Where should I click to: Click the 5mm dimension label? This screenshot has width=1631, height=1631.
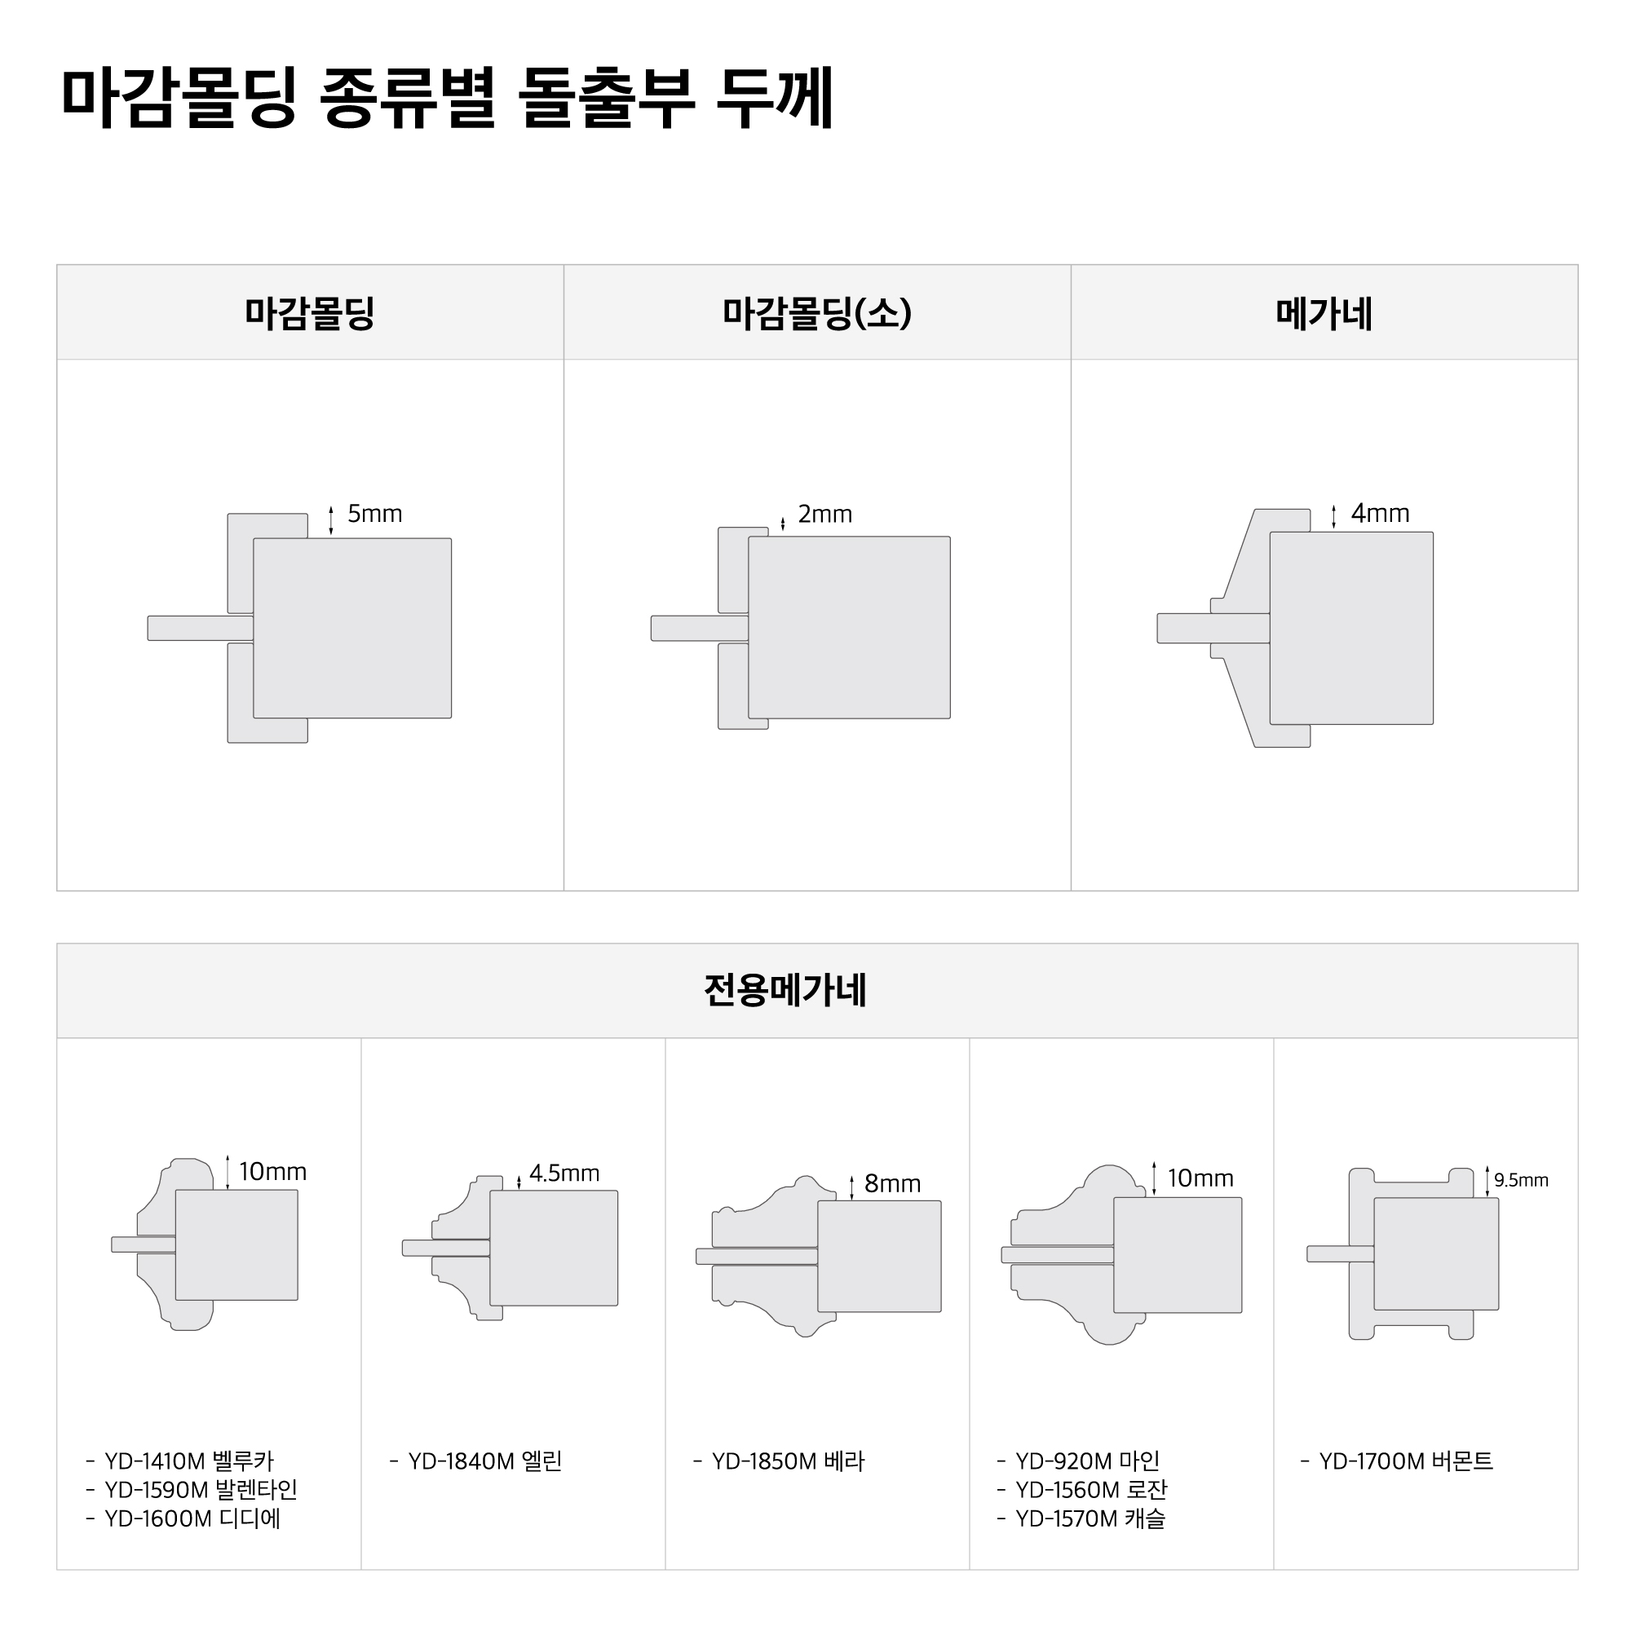[375, 514]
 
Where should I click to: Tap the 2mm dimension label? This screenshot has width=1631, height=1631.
[824, 514]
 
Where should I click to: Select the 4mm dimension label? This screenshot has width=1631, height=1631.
[1381, 513]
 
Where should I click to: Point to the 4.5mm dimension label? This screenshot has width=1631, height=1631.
[564, 1173]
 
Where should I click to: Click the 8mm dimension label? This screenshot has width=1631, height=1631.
[892, 1183]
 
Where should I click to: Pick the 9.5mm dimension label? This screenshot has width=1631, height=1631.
[1521, 1180]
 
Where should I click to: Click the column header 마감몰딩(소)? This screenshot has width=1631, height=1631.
[817, 313]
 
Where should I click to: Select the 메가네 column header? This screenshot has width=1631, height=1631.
[1324, 313]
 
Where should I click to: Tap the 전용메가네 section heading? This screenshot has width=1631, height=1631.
[786, 990]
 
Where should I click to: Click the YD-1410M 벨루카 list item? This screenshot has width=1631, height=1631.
[189, 1461]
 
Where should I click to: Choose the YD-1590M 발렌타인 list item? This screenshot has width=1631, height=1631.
[201, 1490]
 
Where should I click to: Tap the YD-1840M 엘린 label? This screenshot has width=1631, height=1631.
[484, 1461]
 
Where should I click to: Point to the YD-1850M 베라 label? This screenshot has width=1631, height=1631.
[788, 1461]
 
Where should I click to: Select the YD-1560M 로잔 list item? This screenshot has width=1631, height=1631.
[1090, 1490]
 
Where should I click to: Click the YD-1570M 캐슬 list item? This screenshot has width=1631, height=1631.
[1090, 1518]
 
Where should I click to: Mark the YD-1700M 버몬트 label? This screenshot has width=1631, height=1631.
[1406, 1461]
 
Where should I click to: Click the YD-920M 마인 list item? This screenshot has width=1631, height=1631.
[1087, 1461]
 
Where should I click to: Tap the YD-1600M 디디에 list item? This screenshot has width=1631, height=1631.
[192, 1518]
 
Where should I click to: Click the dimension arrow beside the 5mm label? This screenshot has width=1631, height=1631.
[331, 520]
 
